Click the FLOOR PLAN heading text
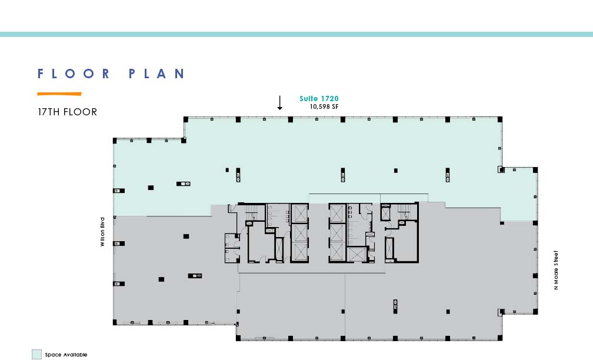(111, 74)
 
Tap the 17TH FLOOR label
(67, 112)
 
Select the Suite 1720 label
(319, 99)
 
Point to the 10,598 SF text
(324, 106)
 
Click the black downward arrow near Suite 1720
(279, 103)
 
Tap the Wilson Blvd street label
(102, 232)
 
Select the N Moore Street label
(555, 270)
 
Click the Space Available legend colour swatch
(36, 354)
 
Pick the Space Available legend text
(66, 355)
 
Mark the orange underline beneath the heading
(59, 94)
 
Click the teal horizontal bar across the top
(296, 34)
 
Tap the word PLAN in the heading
(156, 74)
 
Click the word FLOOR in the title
(74, 74)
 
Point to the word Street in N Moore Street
(555, 258)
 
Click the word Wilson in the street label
(102, 238)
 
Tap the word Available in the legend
(75, 355)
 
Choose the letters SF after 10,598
(335, 106)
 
